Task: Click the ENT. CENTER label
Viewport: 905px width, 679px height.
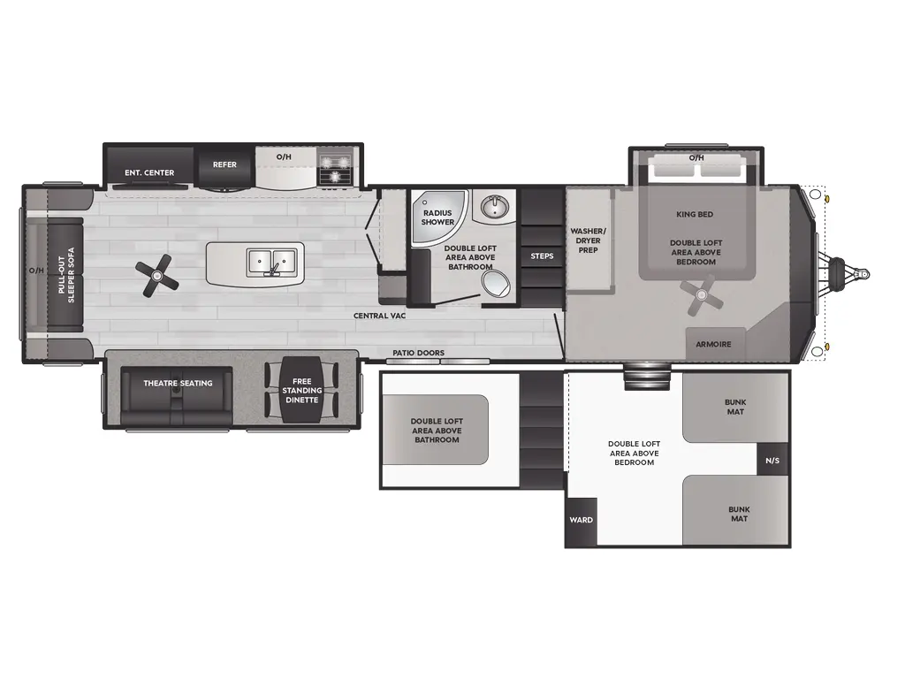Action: click(x=149, y=172)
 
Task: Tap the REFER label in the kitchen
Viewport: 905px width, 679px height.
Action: click(x=224, y=164)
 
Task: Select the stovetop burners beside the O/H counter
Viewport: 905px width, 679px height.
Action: click(x=335, y=167)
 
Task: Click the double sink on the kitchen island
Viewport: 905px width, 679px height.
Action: click(x=271, y=261)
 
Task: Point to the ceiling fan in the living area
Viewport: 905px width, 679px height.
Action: click(x=158, y=275)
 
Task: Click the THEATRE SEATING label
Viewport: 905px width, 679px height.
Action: click(x=178, y=383)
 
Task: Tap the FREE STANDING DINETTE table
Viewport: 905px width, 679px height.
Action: click(x=302, y=390)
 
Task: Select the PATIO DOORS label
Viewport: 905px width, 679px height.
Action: click(x=419, y=353)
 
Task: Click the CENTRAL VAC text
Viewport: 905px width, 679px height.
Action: click(x=379, y=316)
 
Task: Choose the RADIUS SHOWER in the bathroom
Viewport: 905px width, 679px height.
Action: click(x=437, y=217)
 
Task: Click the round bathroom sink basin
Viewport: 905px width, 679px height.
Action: click(x=494, y=209)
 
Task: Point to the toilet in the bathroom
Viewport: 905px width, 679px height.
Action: click(x=496, y=285)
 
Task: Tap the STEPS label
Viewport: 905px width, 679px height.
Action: click(x=542, y=256)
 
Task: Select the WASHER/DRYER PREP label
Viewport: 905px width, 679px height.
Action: click(x=588, y=240)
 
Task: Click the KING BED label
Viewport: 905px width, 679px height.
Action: click(x=695, y=214)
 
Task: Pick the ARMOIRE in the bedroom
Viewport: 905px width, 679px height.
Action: click(x=713, y=344)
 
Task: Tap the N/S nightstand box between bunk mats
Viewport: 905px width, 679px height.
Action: click(x=772, y=460)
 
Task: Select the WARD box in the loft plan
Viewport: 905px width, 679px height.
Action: click(x=580, y=520)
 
